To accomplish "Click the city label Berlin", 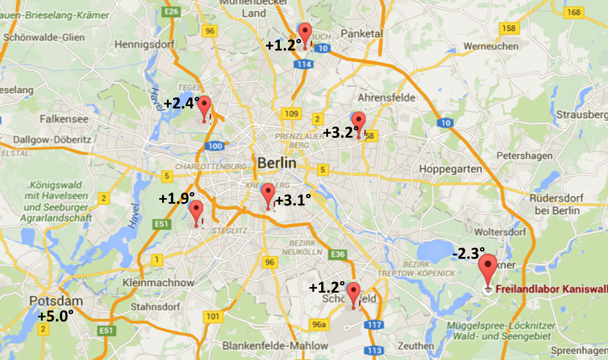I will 277,163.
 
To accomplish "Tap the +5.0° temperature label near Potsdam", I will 55,316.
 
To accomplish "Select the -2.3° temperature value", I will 468,253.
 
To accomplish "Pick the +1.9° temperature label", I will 176,198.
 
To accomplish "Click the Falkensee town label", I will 64,119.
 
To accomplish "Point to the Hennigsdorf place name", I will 144,44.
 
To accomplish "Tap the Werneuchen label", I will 491,46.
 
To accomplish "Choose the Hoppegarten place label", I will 450,169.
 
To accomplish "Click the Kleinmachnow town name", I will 158,283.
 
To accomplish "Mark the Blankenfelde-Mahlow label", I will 275,346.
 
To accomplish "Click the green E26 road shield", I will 171,11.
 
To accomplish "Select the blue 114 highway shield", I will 304,64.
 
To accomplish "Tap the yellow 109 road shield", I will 291,114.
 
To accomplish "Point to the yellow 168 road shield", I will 574,12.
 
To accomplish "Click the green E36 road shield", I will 338,254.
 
